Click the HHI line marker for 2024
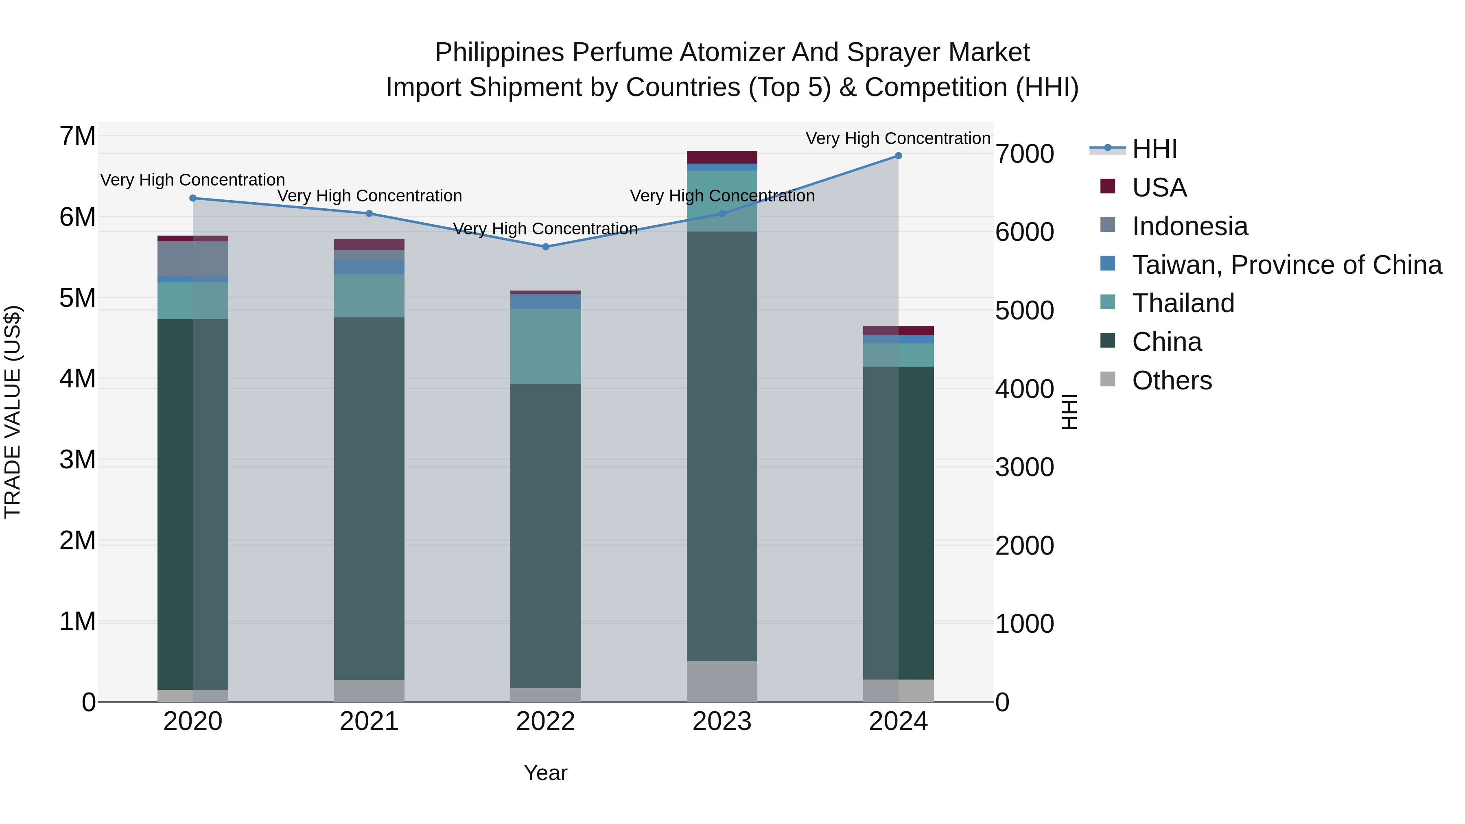pos(898,155)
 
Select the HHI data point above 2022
pos(545,247)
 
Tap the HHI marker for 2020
pos(193,198)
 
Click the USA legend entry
pos(1159,188)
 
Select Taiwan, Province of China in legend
pos(1286,265)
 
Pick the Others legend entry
pos(1172,380)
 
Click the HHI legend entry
pos(1154,149)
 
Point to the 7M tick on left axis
pos(77,136)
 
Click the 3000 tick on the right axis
pos(1024,468)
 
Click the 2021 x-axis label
pos(369,721)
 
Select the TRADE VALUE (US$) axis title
pos(13,412)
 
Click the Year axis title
pos(545,773)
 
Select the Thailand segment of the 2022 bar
pos(545,346)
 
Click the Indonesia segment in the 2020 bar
pos(193,259)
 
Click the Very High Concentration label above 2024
pos(898,138)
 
